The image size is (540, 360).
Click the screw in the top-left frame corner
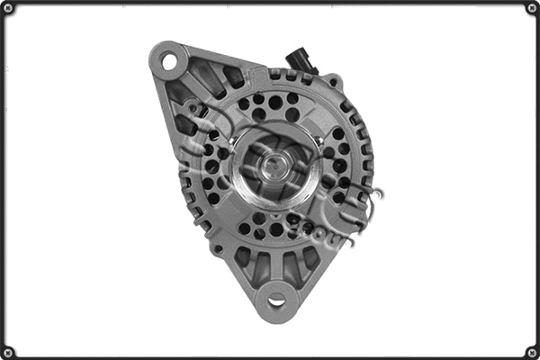click(8, 8)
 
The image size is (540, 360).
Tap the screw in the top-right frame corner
click(532, 8)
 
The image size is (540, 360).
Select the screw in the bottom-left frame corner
click(8, 352)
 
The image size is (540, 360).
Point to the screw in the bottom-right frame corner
click(532, 352)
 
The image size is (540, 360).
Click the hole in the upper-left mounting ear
click(168, 61)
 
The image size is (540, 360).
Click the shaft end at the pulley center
click(275, 165)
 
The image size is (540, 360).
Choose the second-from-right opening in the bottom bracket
click(289, 267)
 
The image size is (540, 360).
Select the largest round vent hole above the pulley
click(275, 102)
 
